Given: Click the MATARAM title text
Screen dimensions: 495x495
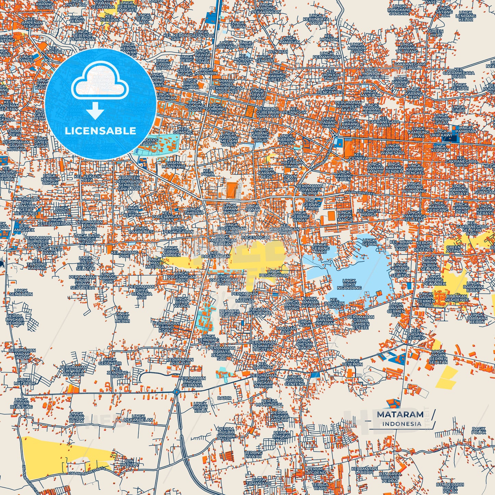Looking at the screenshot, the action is click(400, 414).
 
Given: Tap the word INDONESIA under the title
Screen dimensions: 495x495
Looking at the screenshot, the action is click(402, 424).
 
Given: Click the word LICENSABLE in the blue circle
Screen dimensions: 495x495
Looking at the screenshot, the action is click(100, 131).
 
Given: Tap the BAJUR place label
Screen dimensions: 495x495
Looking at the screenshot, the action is click(224, 398).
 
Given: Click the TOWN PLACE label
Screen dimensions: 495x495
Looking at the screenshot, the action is click(290, 178).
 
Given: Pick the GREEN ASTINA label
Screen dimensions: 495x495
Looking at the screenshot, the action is click(454, 249).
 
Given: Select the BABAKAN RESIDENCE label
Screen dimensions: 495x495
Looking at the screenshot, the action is click(457, 298).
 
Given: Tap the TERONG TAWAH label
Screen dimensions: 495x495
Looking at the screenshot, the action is click(253, 454).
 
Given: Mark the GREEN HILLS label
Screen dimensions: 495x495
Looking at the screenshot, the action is click(436, 33).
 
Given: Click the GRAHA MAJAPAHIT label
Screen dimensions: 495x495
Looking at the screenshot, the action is click(175, 165).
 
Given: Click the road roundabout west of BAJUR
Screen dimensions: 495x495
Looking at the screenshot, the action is click(176, 392).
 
